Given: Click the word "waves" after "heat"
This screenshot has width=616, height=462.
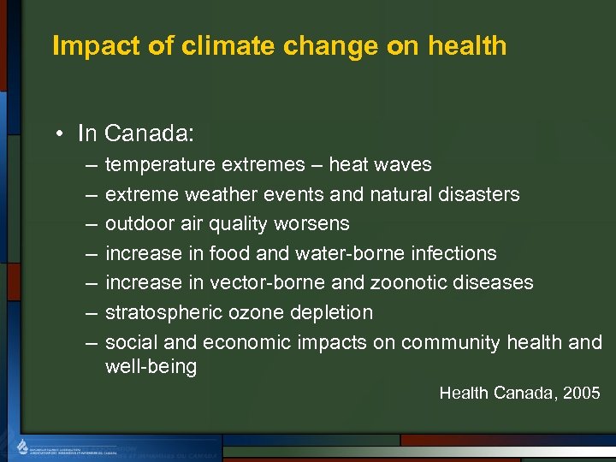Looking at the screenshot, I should (x=405, y=164).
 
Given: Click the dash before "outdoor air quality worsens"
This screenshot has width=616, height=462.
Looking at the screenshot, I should (x=92, y=224).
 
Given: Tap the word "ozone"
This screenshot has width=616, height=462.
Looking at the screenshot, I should (x=247, y=312).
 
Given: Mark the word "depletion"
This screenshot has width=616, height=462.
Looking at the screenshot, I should (x=329, y=312).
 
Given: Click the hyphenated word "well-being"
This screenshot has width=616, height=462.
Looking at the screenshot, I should (x=151, y=367).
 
